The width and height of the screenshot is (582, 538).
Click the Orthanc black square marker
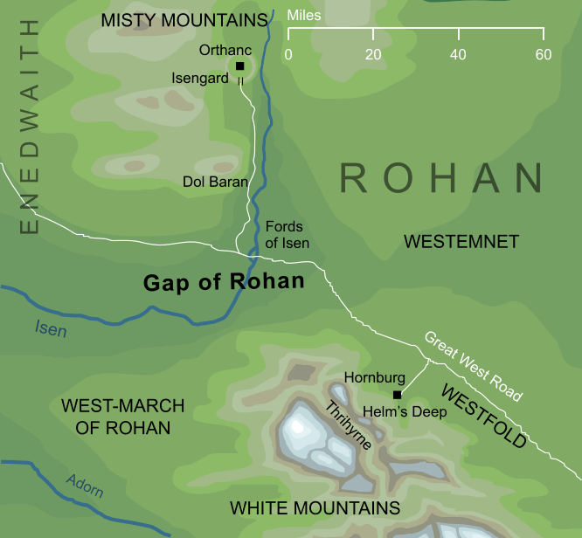point(240,66)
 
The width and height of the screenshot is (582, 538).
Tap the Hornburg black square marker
point(397,395)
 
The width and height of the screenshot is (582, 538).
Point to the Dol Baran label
point(215,182)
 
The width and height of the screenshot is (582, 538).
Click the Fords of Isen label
point(287,235)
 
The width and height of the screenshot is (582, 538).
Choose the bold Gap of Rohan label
point(224,281)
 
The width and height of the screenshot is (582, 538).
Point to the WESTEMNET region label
point(461,241)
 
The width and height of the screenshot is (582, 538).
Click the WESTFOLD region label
point(483,416)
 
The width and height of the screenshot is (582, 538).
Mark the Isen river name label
point(51,330)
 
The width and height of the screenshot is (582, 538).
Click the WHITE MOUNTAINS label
point(315,507)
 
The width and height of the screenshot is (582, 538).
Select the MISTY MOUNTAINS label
point(184,19)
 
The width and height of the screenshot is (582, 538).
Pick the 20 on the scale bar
point(373,54)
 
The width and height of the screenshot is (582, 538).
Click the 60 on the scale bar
point(544,54)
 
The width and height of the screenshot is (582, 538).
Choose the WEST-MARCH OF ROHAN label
point(122,417)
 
